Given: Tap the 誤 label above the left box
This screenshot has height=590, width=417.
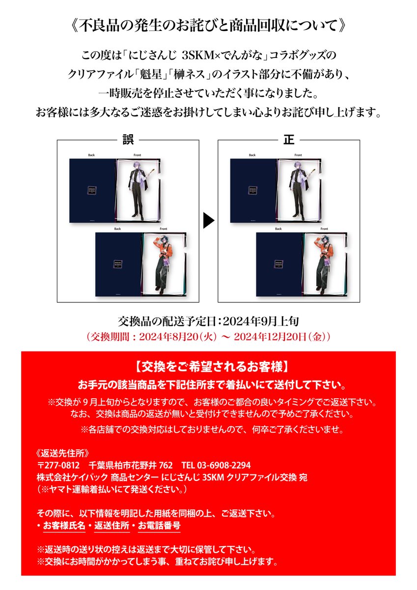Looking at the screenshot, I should click(x=128, y=140).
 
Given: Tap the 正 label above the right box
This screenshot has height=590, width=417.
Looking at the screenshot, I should click(x=288, y=140).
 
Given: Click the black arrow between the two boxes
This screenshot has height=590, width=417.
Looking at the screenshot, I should click(x=209, y=221).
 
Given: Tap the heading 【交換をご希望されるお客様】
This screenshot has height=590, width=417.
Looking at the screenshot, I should click(x=208, y=367).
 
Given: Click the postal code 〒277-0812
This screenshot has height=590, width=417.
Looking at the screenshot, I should click(x=58, y=465).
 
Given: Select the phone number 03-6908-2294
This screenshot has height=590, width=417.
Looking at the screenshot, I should click(x=223, y=465).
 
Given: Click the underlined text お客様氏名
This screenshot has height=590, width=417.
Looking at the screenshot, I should click(x=64, y=526).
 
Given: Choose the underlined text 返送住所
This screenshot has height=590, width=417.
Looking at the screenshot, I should click(x=112, y=526).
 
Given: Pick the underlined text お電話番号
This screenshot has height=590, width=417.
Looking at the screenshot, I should click(x=159, y=526).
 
